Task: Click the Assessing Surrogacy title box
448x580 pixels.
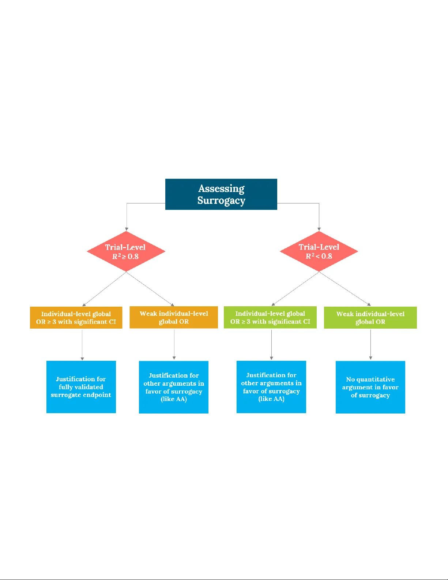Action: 221,194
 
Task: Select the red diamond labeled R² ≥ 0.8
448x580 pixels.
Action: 126,251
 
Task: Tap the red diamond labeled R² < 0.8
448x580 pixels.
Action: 319,251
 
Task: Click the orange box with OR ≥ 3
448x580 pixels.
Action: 76,318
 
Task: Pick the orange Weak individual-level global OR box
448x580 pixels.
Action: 174,318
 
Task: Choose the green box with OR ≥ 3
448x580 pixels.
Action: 270,317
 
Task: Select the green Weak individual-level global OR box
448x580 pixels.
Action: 370,318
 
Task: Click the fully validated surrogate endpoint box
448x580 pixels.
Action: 81,387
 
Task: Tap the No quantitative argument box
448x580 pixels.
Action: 370,387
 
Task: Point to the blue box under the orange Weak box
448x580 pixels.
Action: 174,387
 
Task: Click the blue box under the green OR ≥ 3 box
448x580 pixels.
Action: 271,387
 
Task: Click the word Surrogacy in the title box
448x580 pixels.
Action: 221,201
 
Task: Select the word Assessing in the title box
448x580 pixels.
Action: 221,188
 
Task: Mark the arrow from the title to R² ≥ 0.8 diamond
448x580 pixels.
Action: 127,216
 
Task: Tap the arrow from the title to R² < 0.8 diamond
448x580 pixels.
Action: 319,216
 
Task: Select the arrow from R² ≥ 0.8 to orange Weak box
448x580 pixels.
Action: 150,289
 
